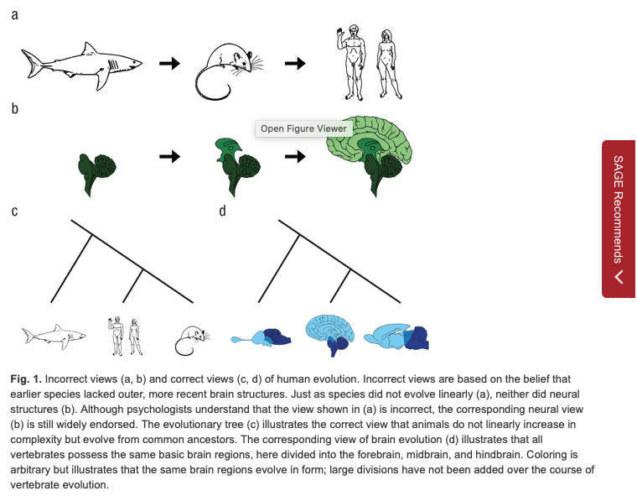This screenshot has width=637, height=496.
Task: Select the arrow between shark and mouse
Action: pos(170,63)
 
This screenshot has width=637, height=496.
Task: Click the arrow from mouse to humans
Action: pos(294,63)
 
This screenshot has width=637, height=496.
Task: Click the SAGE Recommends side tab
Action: pos(619,219)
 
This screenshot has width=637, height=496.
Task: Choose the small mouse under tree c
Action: pos(189,337)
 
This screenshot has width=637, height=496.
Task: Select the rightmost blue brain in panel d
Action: pos(403,337)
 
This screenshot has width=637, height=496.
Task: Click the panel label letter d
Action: pos(222,211)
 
